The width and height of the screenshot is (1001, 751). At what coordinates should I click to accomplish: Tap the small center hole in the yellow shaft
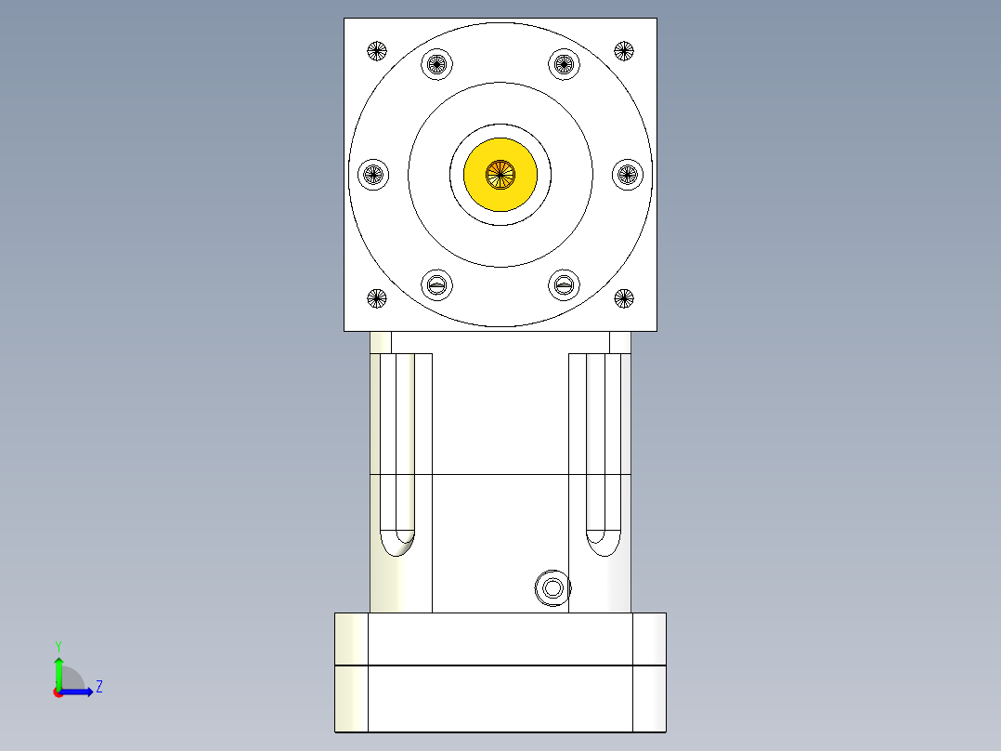click(500, 172)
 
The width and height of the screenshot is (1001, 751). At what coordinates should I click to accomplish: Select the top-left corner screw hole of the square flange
click(376, 50)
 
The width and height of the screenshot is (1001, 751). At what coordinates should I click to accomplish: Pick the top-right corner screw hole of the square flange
click(624, 50)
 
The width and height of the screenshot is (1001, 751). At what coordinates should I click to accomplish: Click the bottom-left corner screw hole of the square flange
click(376, 298)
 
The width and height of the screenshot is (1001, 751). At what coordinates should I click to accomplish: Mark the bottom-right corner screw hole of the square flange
click(624, 298)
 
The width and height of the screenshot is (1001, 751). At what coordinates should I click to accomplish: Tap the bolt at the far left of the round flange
click(373, 173)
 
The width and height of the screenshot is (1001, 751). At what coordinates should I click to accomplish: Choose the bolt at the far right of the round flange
click(628, 173)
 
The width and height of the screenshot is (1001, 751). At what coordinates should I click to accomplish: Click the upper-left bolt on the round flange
click(437, 64)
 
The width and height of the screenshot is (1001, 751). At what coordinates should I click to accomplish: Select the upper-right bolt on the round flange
click(564, 64)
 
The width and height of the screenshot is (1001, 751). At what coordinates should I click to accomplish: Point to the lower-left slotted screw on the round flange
click(437, 283)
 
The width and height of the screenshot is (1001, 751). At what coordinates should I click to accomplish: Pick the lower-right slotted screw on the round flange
click(564, 283)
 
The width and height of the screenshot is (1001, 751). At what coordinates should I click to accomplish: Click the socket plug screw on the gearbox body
click(552, 587)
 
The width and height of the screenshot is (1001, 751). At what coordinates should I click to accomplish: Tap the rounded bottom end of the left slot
click(397, 542)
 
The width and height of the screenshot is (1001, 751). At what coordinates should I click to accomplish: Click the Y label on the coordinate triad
click(58, 646)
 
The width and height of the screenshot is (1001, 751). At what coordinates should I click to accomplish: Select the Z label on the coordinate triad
click(98, 687)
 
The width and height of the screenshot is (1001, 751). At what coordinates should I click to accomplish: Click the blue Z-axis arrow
click(79, 692)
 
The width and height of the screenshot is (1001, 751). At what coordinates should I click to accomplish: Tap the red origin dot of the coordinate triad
click(58, 692)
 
